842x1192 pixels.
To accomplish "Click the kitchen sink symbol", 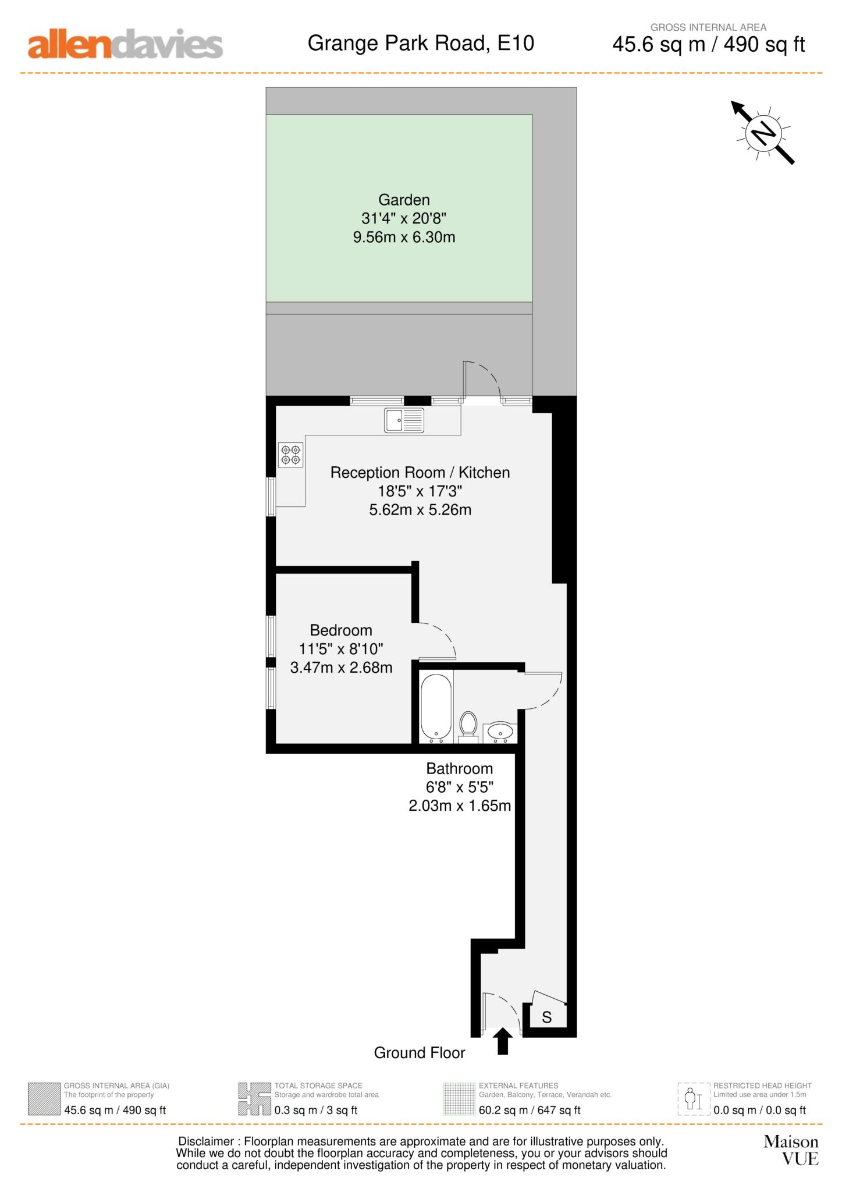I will click(404, 420).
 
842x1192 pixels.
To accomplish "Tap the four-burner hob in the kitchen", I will click(290, 455).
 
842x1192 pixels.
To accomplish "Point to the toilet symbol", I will click(468, 726).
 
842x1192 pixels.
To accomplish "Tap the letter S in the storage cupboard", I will click(546, 1017).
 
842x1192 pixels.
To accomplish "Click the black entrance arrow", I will click(503, 1041).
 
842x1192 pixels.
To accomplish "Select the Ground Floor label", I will click(419, 1053).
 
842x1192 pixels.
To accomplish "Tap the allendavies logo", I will click(125, 44).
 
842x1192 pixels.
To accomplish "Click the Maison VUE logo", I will click(791, 1150).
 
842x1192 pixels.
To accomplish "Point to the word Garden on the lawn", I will click(404, 200).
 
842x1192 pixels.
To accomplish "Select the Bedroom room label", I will click(341, 630).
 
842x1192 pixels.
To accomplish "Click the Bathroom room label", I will click(459, 768).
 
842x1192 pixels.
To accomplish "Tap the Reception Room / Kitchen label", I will click(420, 473).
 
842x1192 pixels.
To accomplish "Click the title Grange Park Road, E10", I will click(421, 43).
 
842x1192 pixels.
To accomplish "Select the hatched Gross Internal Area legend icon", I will click(44, 1099).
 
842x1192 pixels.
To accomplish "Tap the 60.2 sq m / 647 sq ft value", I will click(530, 1110).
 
